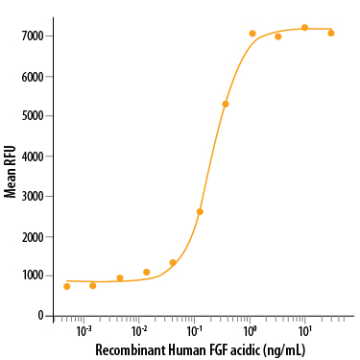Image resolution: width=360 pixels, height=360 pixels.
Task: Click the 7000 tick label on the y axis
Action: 28,36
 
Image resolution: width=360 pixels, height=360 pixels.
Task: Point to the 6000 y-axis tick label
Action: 28,76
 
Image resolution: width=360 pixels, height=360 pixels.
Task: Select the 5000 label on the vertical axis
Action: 28,115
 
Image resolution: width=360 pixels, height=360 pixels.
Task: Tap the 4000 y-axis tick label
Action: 28,156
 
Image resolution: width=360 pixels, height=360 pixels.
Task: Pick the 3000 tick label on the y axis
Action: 28,196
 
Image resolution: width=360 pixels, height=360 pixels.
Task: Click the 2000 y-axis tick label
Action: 28,236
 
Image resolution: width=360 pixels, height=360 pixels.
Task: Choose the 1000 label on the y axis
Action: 28,276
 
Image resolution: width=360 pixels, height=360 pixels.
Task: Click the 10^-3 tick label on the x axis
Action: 84,330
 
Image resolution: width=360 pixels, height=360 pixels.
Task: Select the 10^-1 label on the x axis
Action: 194,330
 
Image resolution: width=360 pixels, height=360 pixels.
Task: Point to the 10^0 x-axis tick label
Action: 250,330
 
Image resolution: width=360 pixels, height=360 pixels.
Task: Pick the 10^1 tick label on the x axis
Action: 305,330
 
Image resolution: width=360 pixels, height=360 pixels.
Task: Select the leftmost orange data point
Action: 67,286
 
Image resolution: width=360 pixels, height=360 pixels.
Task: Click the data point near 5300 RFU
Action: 226,104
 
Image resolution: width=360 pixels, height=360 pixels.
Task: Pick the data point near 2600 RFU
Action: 200,211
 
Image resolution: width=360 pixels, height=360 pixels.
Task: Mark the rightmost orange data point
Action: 331,33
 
